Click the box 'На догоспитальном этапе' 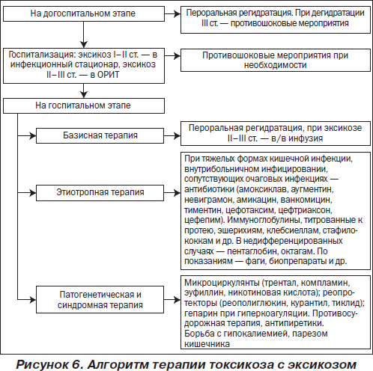point(84,13)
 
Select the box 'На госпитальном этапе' point(84,105)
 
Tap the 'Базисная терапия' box point(100,135)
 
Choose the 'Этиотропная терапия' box point(100,193)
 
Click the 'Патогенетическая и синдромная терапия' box point(100,299)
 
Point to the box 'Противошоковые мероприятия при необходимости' point(276,60)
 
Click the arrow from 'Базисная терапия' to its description point(172,136)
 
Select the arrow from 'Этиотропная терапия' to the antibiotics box point(172,193)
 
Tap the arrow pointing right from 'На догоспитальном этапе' point(172,14)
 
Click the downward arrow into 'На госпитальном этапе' point(84,91)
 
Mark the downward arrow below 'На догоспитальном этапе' point(84,34)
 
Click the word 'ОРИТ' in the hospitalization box point(108,75)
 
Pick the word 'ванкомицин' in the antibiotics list point(306,200)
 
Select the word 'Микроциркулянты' point(222,283)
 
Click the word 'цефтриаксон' point(305,210)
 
